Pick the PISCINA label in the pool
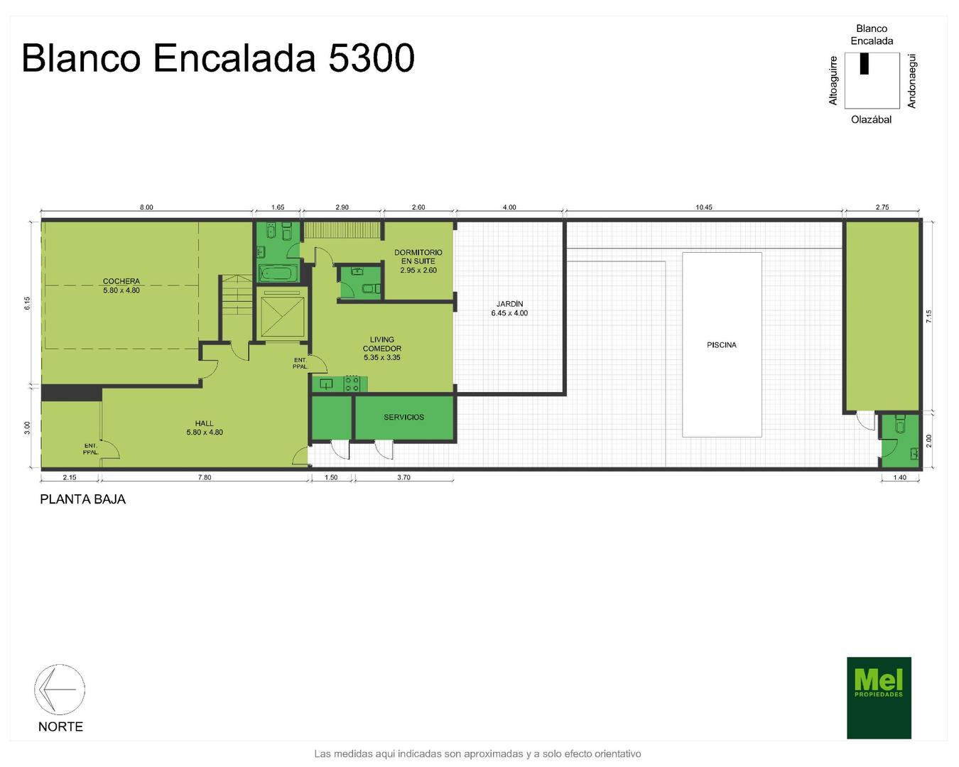click(x=722, y=345)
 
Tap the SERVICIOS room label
click(x=403, y=417)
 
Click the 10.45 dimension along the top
click(x=704, y=207)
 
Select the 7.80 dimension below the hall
click(x=205, y=477)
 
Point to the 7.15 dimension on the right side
click(x=928, y=317)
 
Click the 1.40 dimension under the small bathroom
click(x=900, y=477)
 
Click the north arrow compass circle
click(x=60, y=689)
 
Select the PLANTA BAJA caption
click(x=83, y=499)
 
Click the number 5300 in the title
click(x=372, y=58)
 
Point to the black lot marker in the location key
click(x=864, y=63)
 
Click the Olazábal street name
click(x=871, y=119)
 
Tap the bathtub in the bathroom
click(x=278, y=273)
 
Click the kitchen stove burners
click(x=352, y=383)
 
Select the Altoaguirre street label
click(x=833, y=81)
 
